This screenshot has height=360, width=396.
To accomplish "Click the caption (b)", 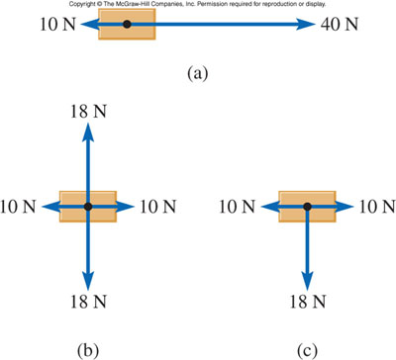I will (x=87, y=347).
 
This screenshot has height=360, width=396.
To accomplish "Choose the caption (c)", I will (x=307, y=347).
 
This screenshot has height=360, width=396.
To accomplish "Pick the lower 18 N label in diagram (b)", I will (x=88, y=303).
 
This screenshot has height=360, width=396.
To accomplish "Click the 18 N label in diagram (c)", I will (x=307, y=303).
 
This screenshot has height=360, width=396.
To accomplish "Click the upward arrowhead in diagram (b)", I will (x=88, y=129).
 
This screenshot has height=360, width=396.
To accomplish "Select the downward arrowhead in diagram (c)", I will (x=307, y=282).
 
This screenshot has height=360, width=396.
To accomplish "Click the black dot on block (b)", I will (x=88, y=207).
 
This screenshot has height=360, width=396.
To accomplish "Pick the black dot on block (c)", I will (x=307, y=207).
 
